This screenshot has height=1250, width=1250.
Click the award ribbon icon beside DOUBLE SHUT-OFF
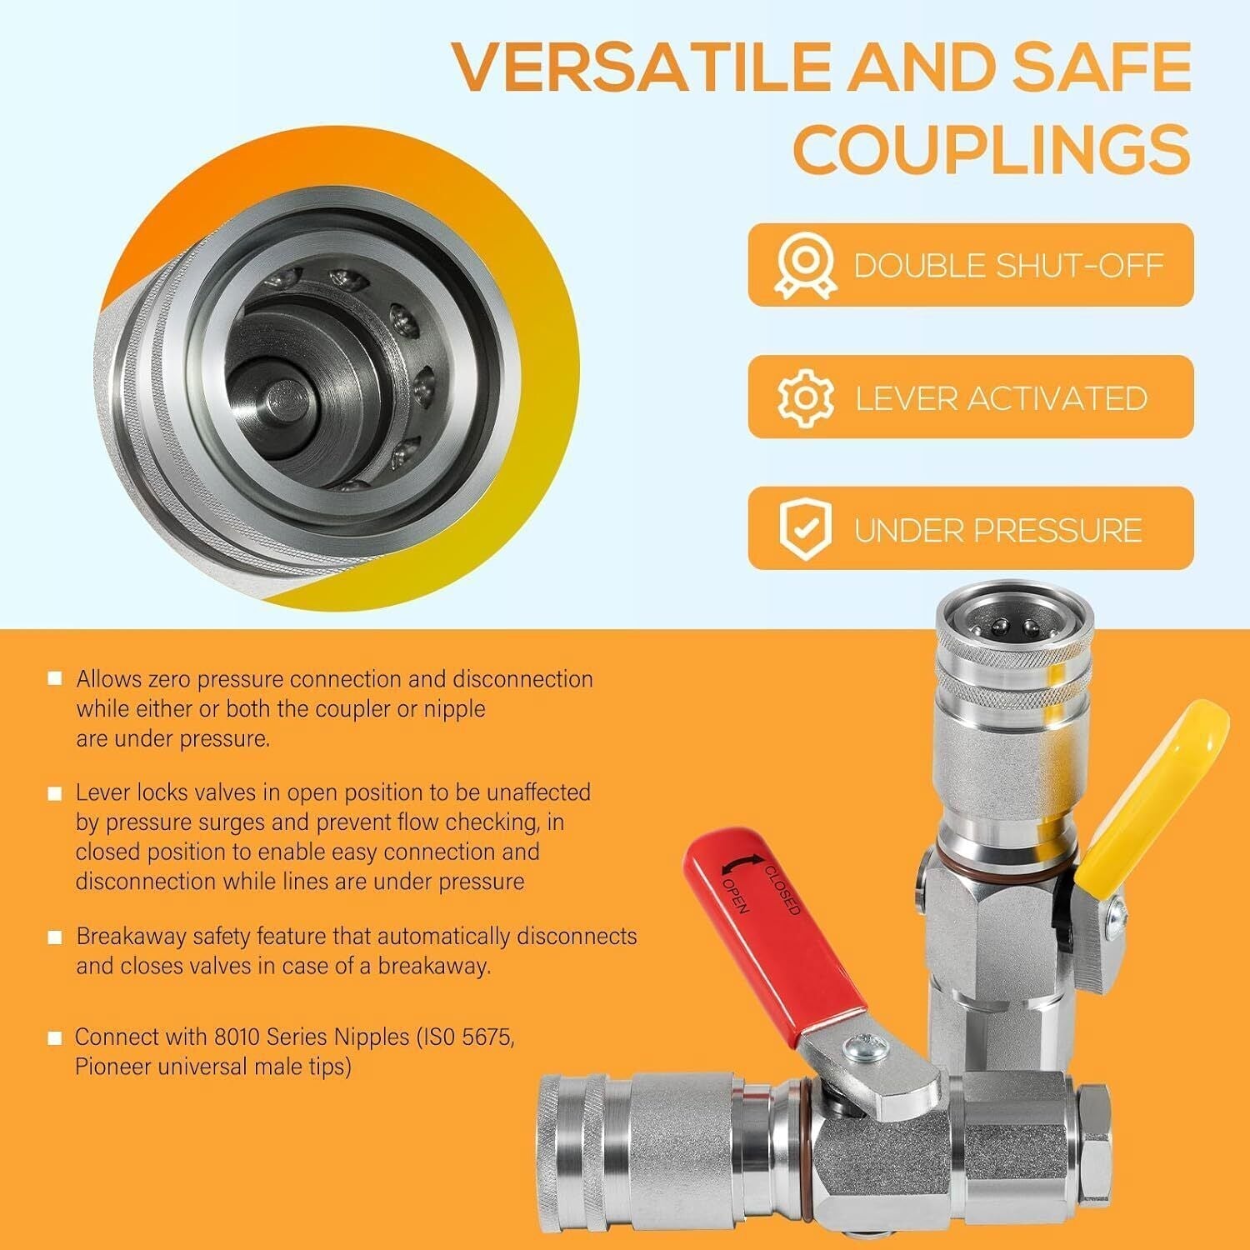point(804,265)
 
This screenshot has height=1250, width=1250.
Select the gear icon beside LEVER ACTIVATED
point(805,397)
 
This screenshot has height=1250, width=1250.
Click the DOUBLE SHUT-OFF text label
point(1008,266)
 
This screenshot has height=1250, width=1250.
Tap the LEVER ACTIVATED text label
point(1002,398)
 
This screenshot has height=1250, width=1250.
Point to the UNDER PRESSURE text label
point(997,530)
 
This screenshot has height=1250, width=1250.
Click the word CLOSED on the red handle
point(782,890)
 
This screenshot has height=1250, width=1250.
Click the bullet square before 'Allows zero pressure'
point(55,678)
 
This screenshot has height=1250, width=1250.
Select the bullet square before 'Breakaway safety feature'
point(55,937)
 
